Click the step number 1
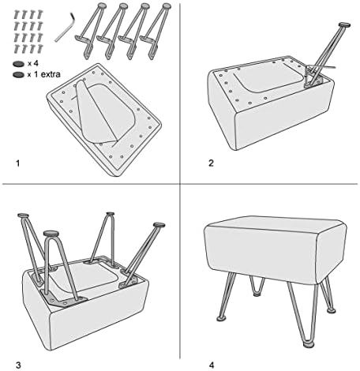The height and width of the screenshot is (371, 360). pyautogui.click(x=18, y=163)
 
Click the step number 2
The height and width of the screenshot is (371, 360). pyautogui.click(x=211, y=163)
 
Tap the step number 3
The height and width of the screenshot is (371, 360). pyautogui.click(x=18, y=365)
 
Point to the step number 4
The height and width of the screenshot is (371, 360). pyautogui.click(x=212, y=365)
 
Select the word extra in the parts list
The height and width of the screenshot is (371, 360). pyautogui.click(x=51, y=74)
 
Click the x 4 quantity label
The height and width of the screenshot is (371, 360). pyautogui.click(x=33, y=63)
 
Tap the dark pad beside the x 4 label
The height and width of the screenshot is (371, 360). pyautogui.click(x=18, y=64)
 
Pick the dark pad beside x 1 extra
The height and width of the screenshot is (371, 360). pyautogui.click(x=18, y=75)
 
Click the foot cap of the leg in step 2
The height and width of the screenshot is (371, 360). pyautogui.click(x=344, y=25)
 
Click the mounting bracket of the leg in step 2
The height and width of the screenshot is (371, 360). pyautogui.click(x=313, y=78)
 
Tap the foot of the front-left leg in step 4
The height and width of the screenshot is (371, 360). pyautogui.click(x=221, y=319)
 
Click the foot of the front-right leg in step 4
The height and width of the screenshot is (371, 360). pyautogui.click(x=309, y=344)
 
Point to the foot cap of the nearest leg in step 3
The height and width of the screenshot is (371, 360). pyautogui.click(x=51, y=233)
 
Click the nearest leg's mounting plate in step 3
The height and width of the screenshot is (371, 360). pyautogui.click(x=63, y=298)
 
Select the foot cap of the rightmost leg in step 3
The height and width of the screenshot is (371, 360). pyautogui.click(x=159, y=225)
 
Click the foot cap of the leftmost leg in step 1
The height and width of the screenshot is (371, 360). pyautogui.click(x=102, y=6)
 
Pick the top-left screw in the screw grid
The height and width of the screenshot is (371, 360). pyautogui.click(x=17, y=14)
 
